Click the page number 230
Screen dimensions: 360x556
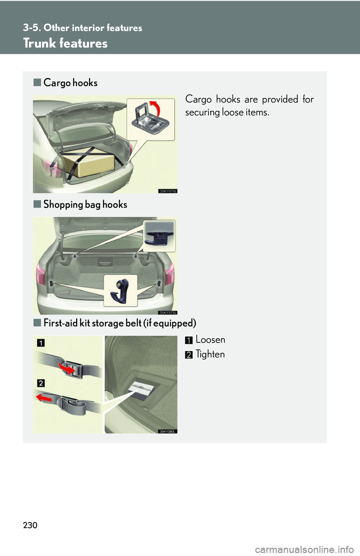click(30, 525)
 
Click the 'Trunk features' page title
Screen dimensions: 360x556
click(65, 43)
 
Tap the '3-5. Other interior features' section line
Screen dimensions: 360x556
click(82, 28)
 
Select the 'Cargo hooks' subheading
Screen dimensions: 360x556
click(70, 83)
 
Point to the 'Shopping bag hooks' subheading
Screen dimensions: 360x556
click(85, 205)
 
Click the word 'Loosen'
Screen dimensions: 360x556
click(210, 339)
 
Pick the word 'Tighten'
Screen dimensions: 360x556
click(210, 354)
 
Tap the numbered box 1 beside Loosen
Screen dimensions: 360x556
click(189, 340)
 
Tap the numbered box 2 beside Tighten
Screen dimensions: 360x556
click(189, 355)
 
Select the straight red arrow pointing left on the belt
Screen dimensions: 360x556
click(44, 398)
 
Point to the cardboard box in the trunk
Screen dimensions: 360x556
click(87, 162)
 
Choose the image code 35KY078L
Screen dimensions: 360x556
click(168, 191)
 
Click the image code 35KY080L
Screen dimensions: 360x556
click(168, 431)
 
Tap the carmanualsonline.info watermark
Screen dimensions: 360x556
click(304, 550)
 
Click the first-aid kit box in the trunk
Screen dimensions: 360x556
click(142, 390)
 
